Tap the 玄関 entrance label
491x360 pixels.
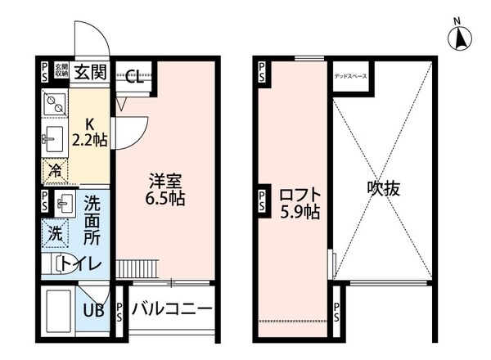coord(90,72)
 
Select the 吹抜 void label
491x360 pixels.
coord(381,189)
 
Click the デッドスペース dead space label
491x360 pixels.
coord(350,77)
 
